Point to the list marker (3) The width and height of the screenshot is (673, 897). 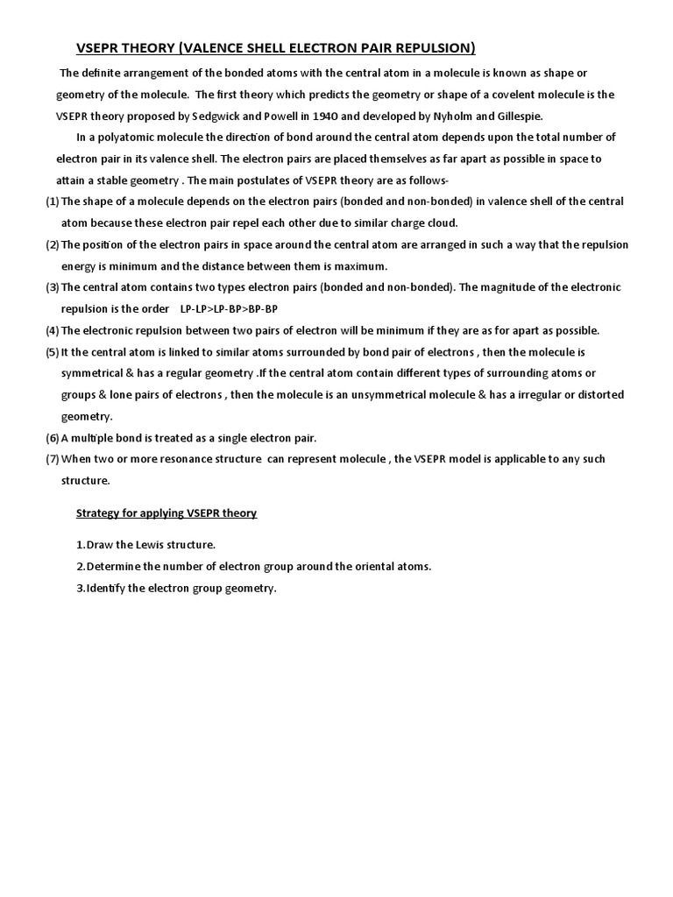click(x=53, y=287)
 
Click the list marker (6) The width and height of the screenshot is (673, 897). click(x=53, y=437)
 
